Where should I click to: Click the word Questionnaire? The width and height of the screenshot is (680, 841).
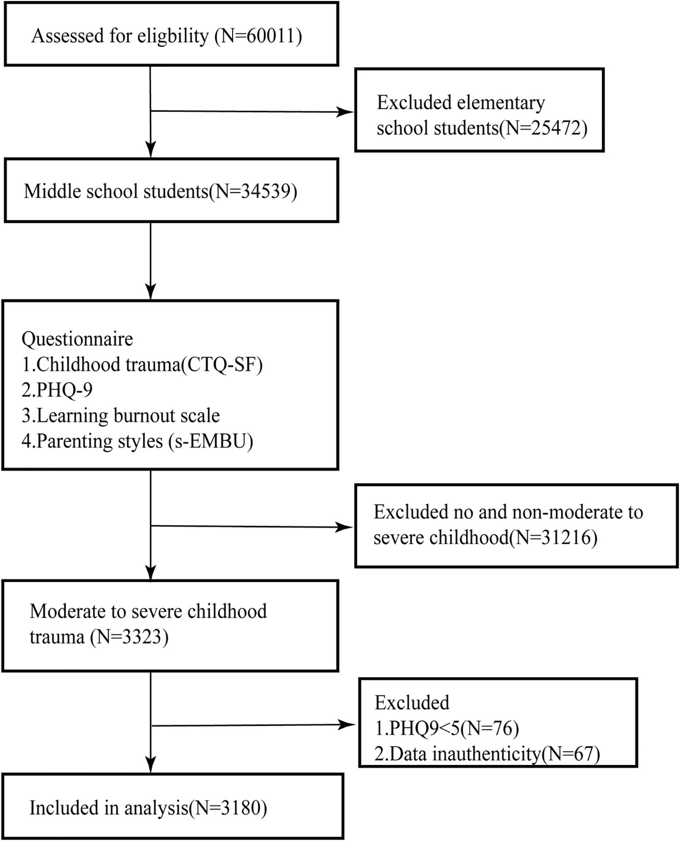pyautogui.click(x=77, y=339)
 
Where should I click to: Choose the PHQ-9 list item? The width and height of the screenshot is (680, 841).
pyautogui.click(x=57, y=390)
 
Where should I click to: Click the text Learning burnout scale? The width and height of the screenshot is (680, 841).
pyautogui.click(x=128, y=415)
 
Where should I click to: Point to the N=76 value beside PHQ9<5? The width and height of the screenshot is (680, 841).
pyautogui.click(x=490, y=728)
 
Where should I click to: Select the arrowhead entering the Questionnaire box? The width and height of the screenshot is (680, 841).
pyautogui.click(x=151, y=292)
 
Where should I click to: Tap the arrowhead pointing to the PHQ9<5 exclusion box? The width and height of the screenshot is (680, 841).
pyautogui.click(x=348, y=725)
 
